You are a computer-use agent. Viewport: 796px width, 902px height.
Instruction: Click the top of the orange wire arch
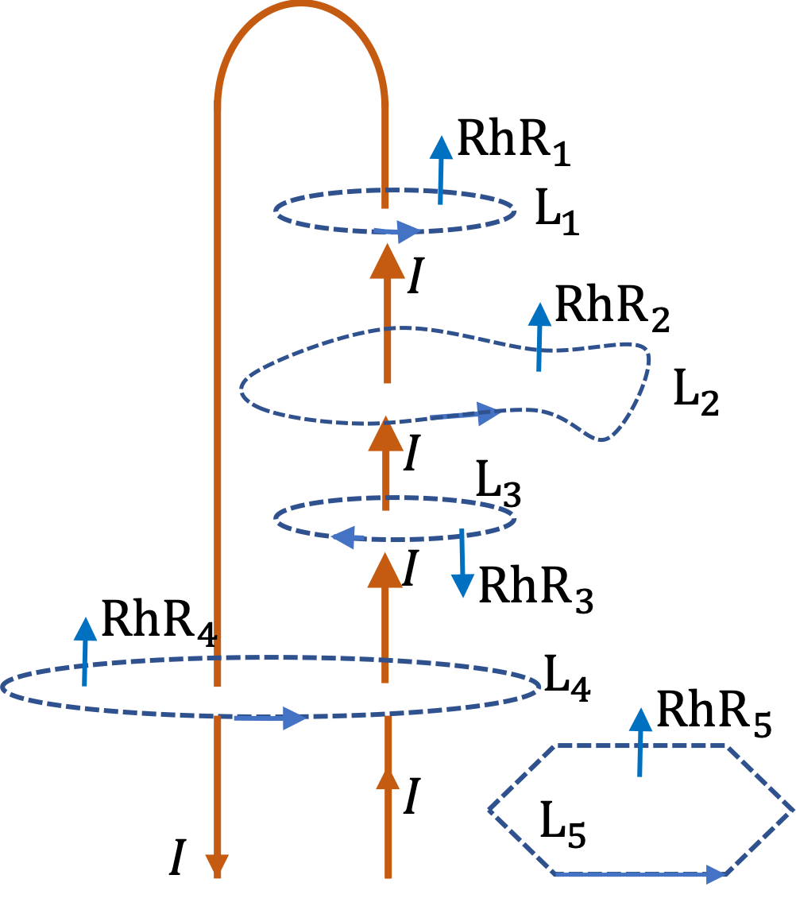[x=300, y=5]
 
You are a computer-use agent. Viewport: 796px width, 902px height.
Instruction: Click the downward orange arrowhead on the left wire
[x=217, y=865]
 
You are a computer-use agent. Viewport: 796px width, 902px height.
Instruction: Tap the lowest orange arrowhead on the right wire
[x=388, y=780]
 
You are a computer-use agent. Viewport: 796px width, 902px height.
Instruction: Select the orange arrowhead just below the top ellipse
[x=388, y=263]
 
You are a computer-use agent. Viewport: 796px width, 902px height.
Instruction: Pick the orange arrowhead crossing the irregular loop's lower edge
[x=386, y=435]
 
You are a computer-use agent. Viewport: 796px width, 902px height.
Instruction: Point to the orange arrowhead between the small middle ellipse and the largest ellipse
[x=385, y=571]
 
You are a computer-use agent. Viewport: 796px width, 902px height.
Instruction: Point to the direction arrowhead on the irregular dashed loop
[x=489, y=413]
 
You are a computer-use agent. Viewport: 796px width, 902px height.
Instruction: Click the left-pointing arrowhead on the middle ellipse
[x=344, y=537]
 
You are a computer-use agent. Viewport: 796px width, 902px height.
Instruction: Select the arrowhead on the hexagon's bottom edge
[x=717, y=875]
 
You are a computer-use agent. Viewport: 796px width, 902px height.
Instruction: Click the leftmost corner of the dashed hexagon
[x=489, y=810]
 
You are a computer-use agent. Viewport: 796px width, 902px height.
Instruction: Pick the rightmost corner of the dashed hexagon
[x=793, y=810]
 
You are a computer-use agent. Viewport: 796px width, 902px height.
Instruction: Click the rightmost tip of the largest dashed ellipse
[x=540, y=686]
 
